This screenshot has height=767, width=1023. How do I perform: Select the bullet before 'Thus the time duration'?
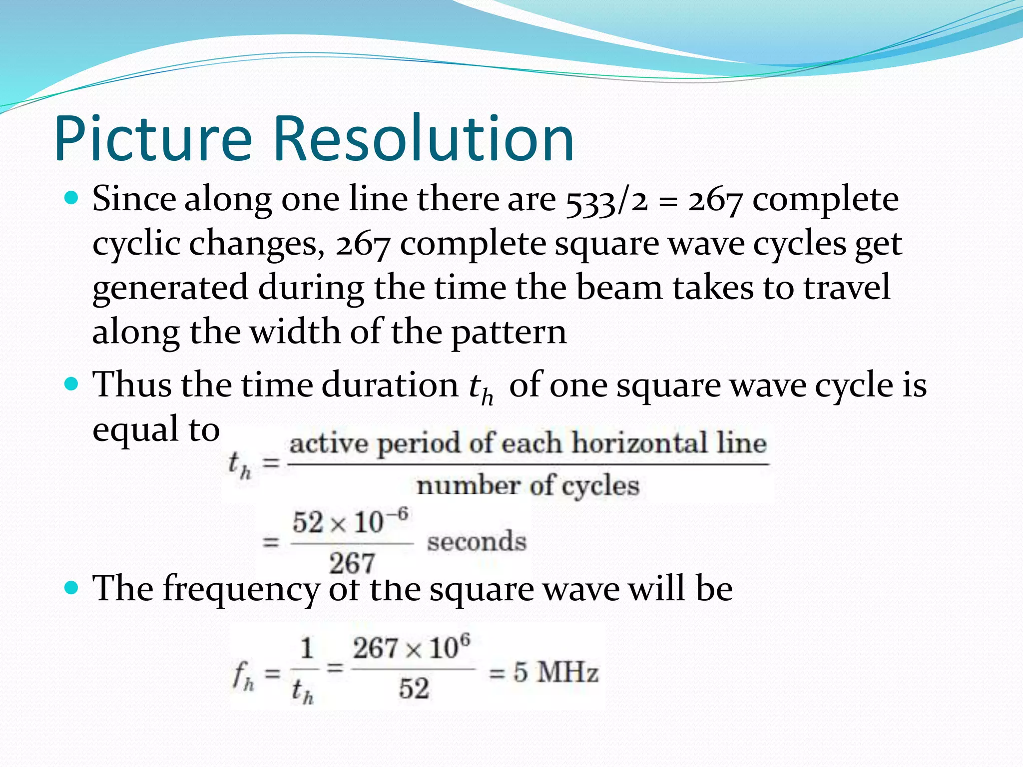coord(72,385)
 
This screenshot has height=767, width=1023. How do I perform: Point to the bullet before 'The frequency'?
coord(72,588)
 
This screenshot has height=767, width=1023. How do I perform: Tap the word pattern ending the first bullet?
coord(509,333)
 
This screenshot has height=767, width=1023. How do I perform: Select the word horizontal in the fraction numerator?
coord(639,443)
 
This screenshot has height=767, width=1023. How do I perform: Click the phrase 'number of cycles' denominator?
coord(527,486)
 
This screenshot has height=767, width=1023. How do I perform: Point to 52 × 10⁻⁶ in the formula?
coord(350,522)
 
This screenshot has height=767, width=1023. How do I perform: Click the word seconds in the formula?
coord(477,542)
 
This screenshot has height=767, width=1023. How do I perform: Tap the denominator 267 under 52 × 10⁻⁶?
coord(352,563)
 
